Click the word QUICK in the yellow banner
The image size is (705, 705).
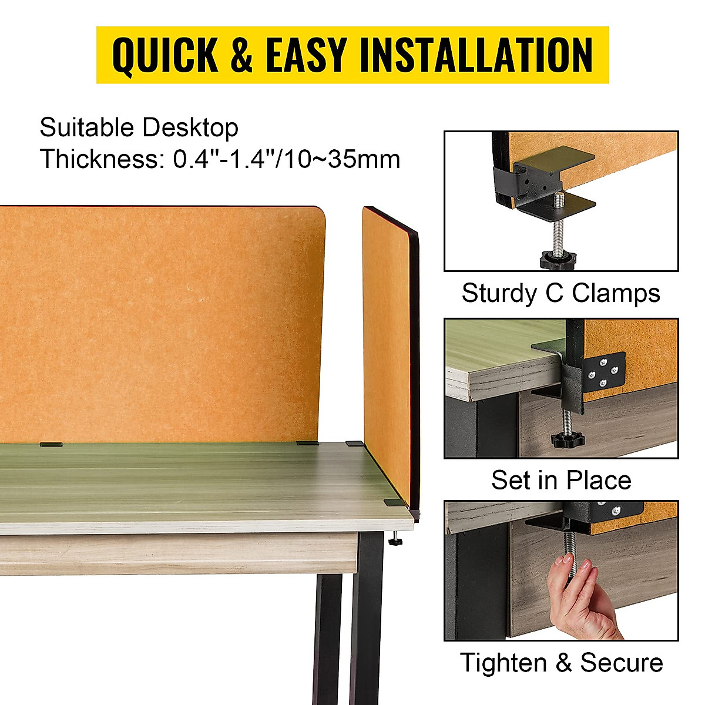pos(165,55)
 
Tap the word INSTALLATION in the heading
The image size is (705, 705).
pos(476,55)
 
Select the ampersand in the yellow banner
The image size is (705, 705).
pos(241,55)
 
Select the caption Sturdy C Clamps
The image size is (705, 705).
pos(560,293)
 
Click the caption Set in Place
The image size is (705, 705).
pos(561,481)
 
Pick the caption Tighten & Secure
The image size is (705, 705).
pos(561,663)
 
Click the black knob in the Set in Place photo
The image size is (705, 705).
pos(566,439)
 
